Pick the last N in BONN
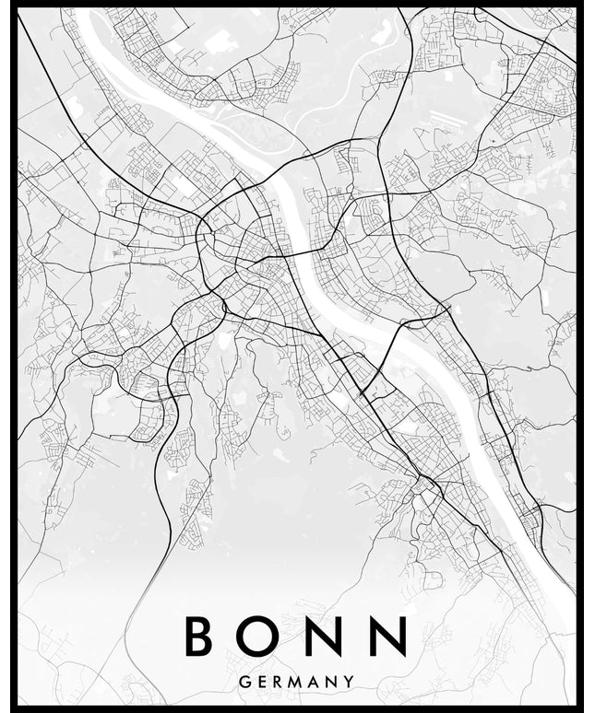click(388, 637)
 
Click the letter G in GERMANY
click(244, 682)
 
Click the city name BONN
click(295, 637)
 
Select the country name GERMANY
click(297, 682)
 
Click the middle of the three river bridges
click(305, 250)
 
